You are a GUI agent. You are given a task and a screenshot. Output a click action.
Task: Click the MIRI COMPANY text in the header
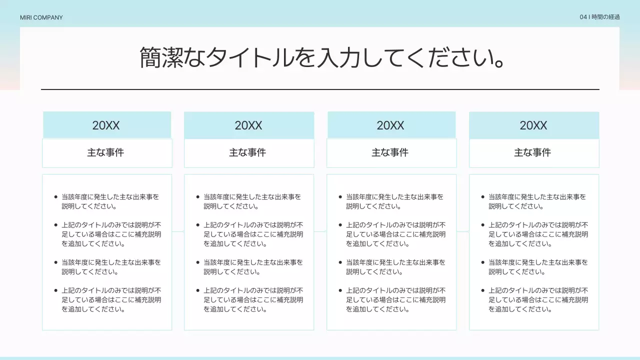coord(41,17)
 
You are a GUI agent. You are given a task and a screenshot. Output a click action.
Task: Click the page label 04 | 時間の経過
coord(599,17)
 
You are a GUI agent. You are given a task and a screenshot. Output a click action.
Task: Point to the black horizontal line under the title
coord(320,89)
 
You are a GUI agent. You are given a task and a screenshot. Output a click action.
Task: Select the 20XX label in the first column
coord(106,125)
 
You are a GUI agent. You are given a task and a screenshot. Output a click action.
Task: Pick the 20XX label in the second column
coord(248,125)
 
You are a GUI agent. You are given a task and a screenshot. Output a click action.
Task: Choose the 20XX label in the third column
coord(390,125)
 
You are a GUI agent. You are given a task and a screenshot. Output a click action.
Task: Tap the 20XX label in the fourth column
coord(533,125)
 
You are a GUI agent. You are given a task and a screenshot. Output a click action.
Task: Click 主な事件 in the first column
coord(105,152)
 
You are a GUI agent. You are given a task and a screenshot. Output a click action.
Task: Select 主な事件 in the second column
coord(247,152)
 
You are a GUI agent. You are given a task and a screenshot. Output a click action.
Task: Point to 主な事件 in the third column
coord(390,152)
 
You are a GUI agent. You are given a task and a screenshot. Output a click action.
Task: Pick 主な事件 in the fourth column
coord(532,152)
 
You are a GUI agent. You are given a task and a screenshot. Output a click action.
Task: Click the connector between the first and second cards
coord(178,231)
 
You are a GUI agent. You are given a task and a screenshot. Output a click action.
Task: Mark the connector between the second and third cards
coord(320,231)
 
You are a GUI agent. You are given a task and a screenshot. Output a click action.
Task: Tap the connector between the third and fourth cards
coord(462,231)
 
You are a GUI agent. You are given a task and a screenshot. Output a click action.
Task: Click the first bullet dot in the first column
coord(55,197)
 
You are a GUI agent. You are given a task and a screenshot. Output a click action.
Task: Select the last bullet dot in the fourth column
coord(483,290)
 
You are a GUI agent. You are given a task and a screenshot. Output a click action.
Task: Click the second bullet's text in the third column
coord(395,234)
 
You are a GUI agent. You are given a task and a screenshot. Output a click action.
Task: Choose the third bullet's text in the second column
coord(253,267)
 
